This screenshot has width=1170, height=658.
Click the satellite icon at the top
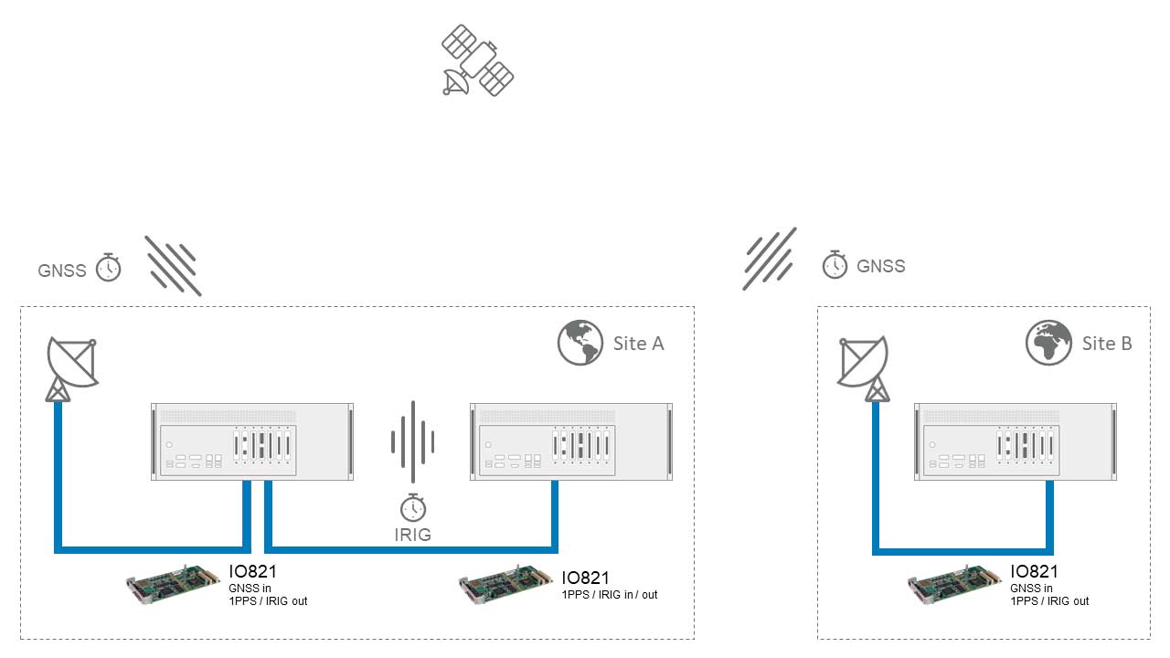pos(477,60)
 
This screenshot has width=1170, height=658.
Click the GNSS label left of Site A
pos(62,271)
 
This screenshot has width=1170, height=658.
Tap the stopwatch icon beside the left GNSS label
pos(108,267)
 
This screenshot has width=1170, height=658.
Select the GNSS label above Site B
pos(880,266)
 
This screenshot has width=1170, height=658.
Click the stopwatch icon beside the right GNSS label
pos(835,264)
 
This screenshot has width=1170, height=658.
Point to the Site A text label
pos(638,344)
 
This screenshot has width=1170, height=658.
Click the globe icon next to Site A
pos(580,343)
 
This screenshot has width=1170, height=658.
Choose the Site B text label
pos(1107,344)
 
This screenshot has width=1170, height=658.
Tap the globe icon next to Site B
pos(1048,343)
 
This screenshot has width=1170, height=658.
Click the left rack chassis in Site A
pos(252,441)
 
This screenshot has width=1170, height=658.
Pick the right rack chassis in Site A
pos(571,441)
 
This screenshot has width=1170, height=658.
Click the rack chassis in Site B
pos(1016,441)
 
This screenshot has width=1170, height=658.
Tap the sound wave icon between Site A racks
pos(413,441)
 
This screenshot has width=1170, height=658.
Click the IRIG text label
pos(413,535)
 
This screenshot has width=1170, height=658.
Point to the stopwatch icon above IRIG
pos(413,507)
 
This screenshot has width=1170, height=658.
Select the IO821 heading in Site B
pos(1034,572)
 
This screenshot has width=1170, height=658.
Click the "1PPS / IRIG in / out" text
pos(610,595)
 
